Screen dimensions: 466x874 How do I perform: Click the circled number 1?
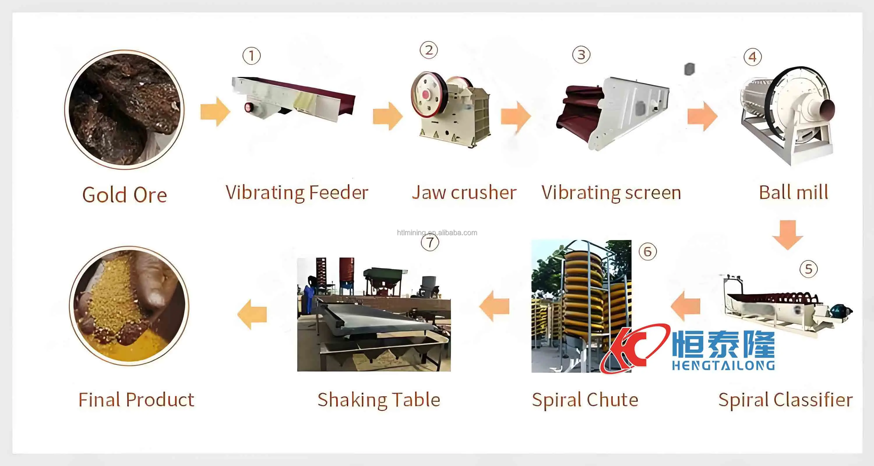(x=251, y=56)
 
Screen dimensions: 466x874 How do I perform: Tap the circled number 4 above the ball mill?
(x=753, y=57)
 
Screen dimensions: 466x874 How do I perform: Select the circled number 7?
(x=430, y=243)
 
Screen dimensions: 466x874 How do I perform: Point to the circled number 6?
(x=648, y=252)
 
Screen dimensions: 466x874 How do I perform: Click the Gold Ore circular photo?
(x=124, y=109)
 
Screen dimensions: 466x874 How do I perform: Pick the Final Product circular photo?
(x=129, y=306)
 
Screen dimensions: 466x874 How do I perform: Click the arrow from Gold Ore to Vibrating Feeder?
(x=215, y=112)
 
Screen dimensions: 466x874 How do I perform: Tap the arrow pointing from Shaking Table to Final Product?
(x=252, y=314)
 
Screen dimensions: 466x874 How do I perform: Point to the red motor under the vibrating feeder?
(x=249, y=107)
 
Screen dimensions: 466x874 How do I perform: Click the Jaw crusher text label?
(x=464, y=193)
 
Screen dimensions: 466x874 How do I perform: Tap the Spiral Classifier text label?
(x=785, y=400)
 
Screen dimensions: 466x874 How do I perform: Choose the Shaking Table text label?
(x=379, y=400)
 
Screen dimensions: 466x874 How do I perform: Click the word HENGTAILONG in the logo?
(x=723, y=366)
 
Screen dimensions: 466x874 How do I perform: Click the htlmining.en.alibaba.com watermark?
(x=437, y=233)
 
